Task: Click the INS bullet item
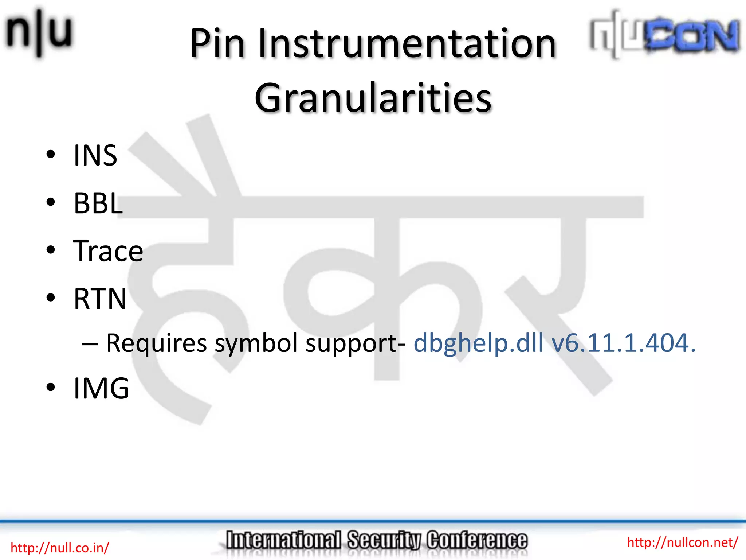pos(95,156)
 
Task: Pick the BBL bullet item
pos(98,203)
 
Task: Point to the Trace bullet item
pos(108,251)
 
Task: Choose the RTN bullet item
pos(100,299)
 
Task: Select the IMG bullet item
pos(101,388)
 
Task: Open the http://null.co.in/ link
pos(60,548)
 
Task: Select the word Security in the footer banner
pos(384,540)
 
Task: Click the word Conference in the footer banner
pos(477,540)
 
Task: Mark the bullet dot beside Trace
pos(51,250)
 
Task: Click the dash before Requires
pos(90,344)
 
